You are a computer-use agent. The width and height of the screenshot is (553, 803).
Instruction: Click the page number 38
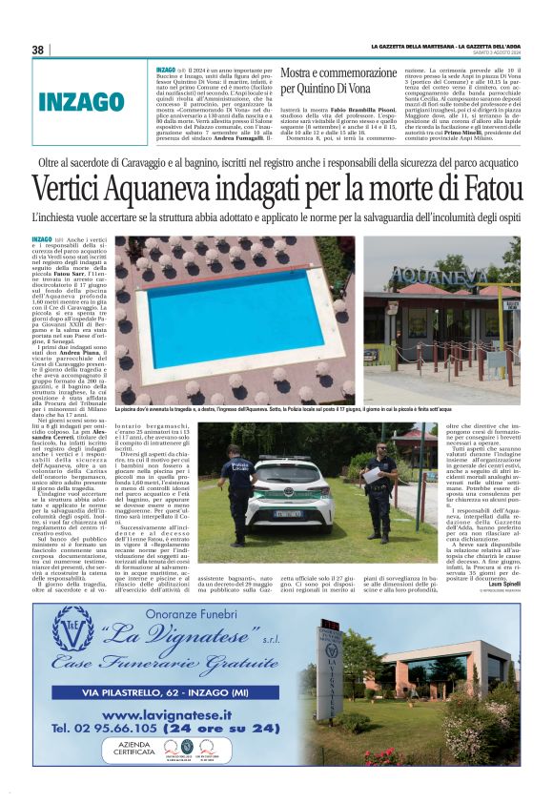pos(38,50)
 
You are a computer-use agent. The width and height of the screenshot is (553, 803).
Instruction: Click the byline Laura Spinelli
pos(502,585)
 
